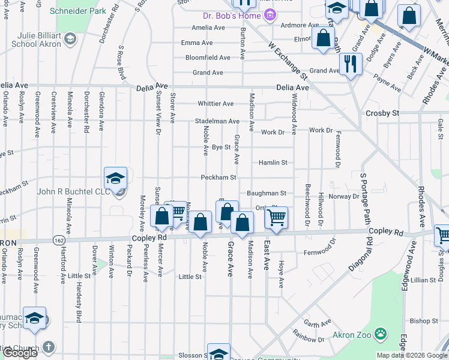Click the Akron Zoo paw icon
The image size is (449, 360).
pyautogui.click(x=380, y=333)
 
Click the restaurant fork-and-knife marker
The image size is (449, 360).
pyautogui.click(x=351, y=63)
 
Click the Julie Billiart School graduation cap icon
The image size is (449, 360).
pyautogui.click(x=70, y=40)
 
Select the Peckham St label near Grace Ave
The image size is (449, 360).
pyautogui.click(x=219, y=178)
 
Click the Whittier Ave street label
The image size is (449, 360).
pyautogui.click(x=215, y=104)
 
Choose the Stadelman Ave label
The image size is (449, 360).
pyautogui.click(x=217, y=121)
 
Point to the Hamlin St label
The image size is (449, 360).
pyautogui.click(x=273, y=163)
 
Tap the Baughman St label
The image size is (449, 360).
pyautogui.click(x=266, y=193)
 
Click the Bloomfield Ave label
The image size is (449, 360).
pyautogui.click(x=208, y=58)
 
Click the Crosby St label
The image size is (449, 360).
pyautogui.click(x=382, y=113)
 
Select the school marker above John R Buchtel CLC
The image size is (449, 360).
pyautogui.click(x=115, y=178)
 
